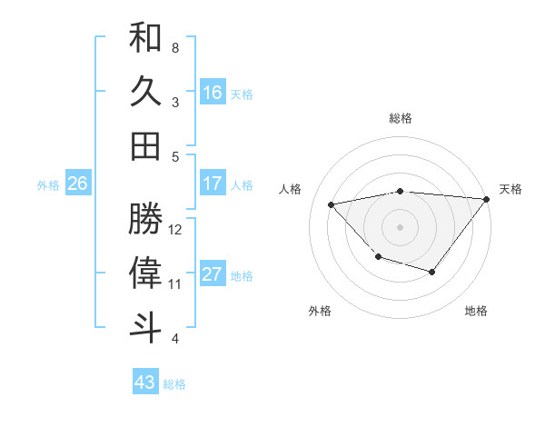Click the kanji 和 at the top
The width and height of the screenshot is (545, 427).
point(145,39)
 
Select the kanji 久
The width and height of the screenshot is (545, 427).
point(145,93)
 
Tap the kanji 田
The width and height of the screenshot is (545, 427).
point(145,145)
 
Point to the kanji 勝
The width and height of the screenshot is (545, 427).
point(145,221)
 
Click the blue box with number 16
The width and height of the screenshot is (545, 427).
point(213,93)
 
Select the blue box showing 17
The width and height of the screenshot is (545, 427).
point(213,184)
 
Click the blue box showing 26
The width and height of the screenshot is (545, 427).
point(77,184)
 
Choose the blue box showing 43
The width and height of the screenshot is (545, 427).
point(145,382)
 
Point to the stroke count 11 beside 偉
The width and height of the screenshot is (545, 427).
point(176,284)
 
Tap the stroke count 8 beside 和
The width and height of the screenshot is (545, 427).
point(175,47)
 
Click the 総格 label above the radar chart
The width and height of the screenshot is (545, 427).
point(400,119)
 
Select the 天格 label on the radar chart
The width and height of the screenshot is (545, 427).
point(510,189)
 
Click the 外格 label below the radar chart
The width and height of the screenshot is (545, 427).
point(319,312)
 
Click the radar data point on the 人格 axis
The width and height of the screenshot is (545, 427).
point(332,204)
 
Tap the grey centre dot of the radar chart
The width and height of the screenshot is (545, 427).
point(400,226)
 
